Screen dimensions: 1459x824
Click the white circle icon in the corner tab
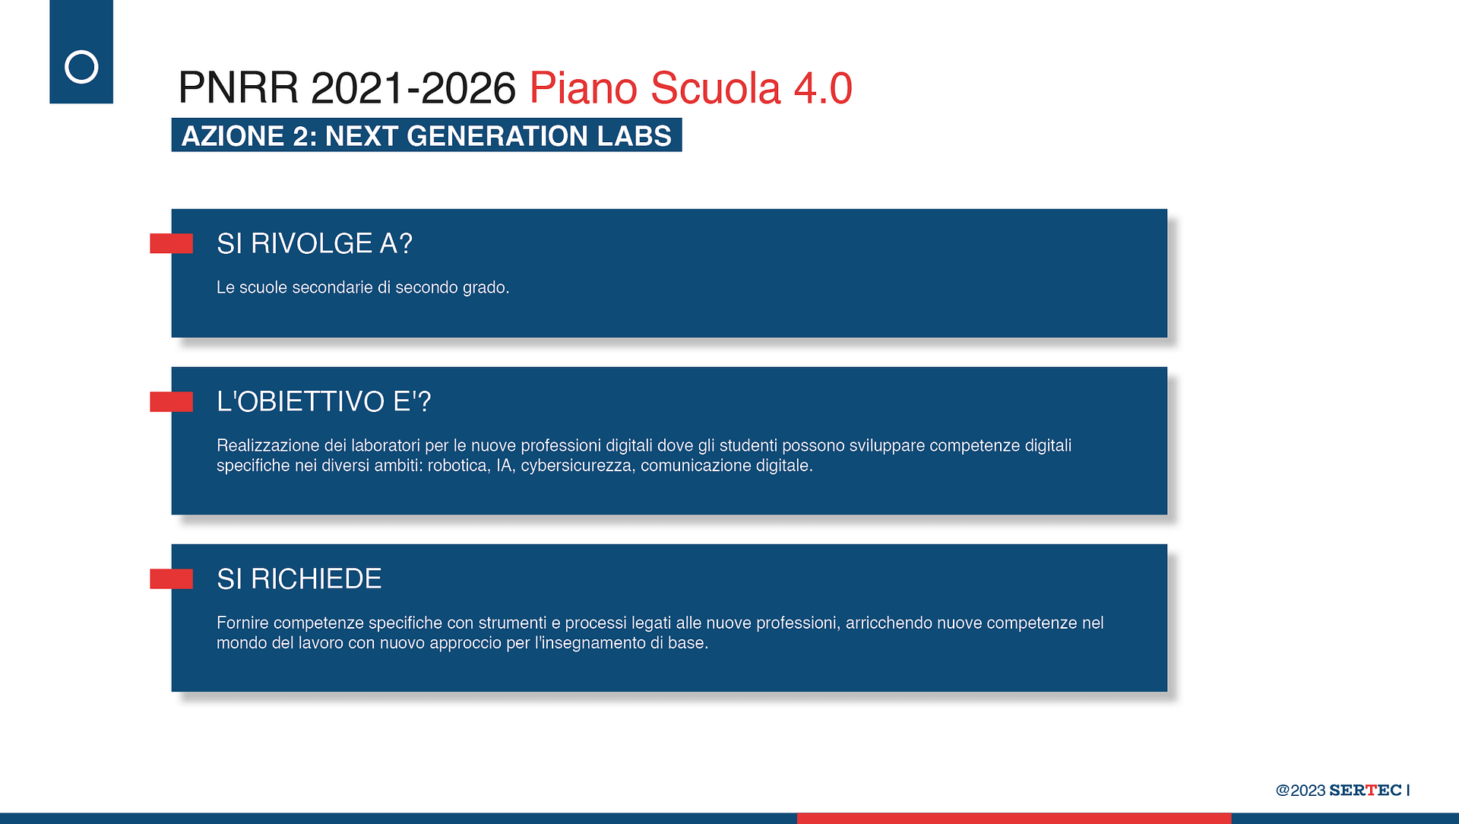click(81, 51)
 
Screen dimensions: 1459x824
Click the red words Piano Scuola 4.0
click(690, 88)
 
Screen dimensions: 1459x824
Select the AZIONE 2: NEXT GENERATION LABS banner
click(426, 135)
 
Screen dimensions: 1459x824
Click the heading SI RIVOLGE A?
click(315, 244)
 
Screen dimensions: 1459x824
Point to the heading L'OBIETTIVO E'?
click(324, 401)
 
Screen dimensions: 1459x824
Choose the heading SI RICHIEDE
click(299, 579)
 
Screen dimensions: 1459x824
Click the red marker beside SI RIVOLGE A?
click(171, 243)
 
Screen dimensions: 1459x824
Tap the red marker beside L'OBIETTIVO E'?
click(171, 401)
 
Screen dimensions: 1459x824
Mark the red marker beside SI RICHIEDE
click(171, 579)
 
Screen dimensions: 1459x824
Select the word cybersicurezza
click(578, 465)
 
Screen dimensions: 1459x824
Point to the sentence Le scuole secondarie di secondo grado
click(362, 287)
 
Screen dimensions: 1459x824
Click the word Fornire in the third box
click(242, 623)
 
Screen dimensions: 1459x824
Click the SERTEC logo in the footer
click(1366, 790)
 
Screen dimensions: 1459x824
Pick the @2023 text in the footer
click(1301, 791)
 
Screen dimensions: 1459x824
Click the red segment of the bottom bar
click(1014, 819)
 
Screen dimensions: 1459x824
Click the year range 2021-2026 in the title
click(413, 88)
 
